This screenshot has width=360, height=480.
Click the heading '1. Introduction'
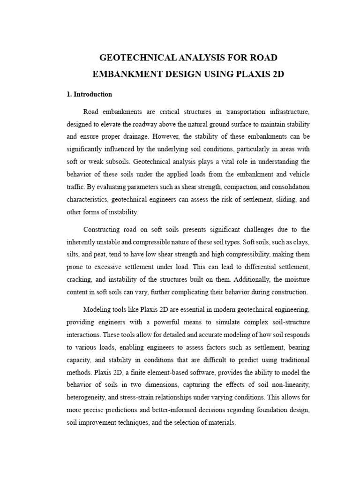coord(89,94)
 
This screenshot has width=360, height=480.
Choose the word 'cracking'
coord(79,279)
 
